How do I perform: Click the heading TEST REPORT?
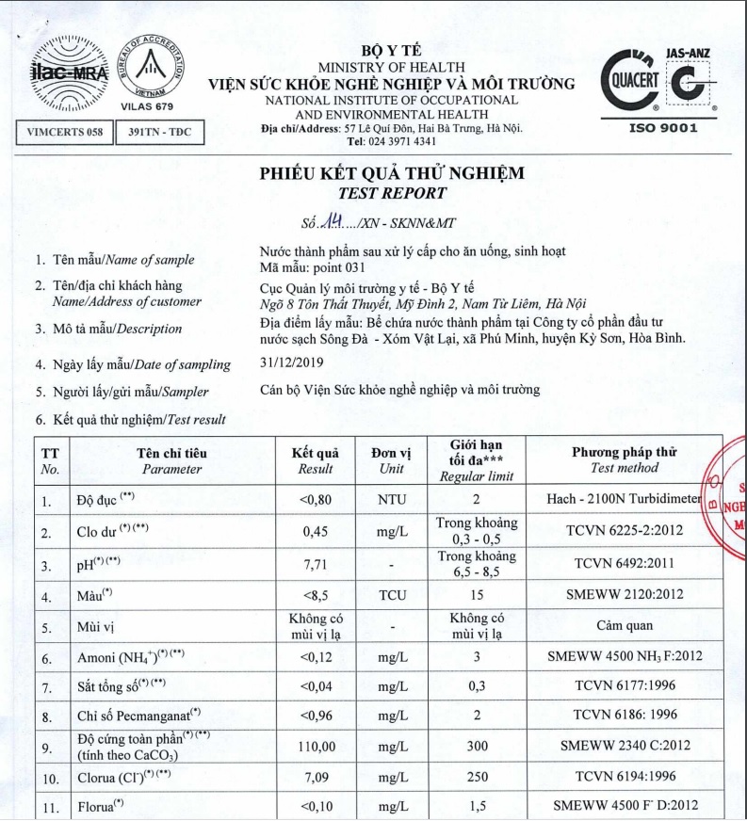[392, 193]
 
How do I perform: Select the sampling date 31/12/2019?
[291, 362]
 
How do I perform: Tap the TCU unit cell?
[391, 596]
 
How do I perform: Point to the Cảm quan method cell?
[623, 624]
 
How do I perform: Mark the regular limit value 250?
[477, 779]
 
